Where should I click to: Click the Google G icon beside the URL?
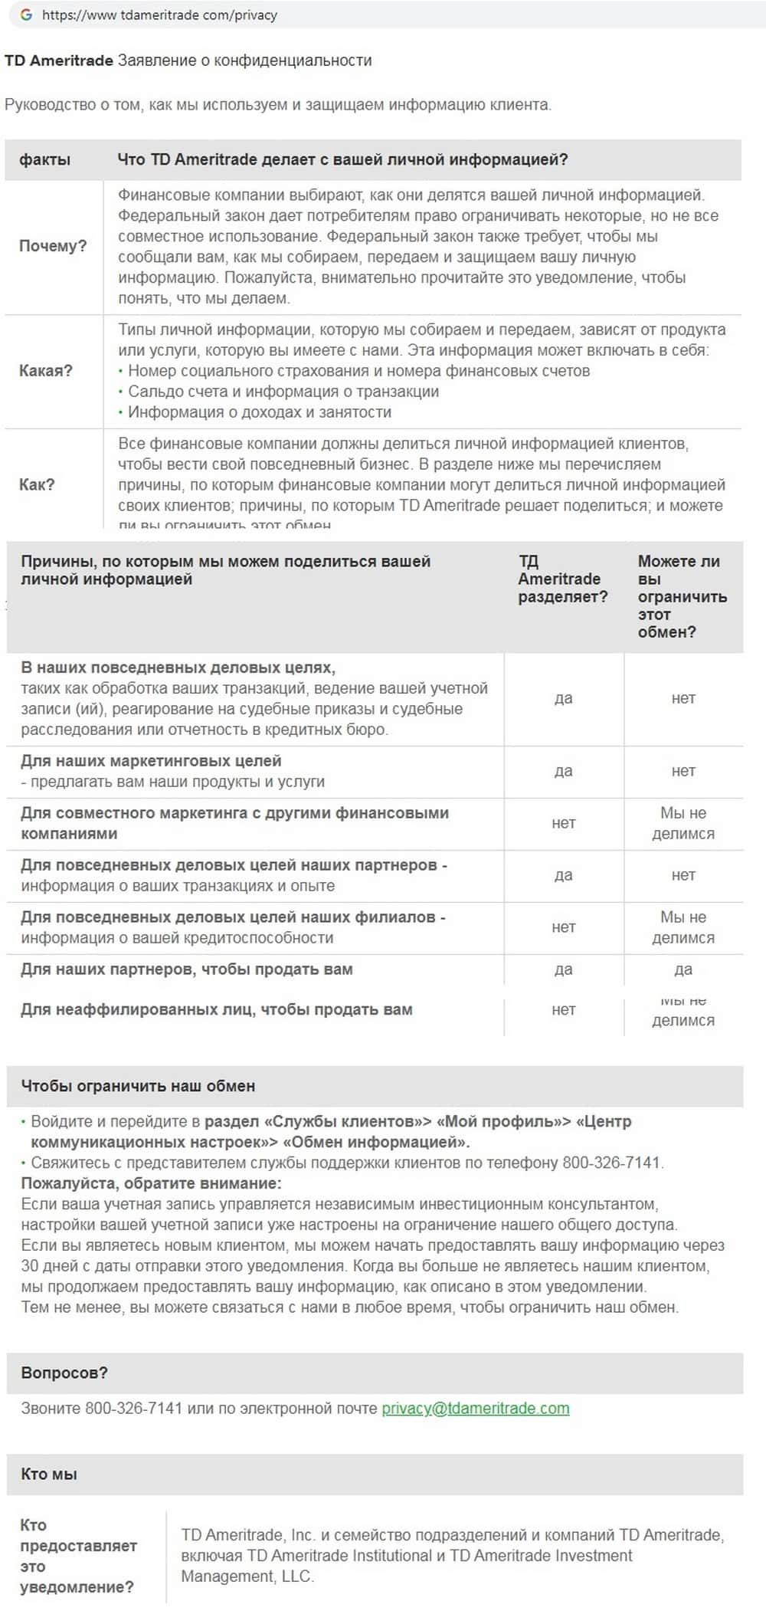pos(26,15)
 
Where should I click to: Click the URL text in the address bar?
pos(159,15)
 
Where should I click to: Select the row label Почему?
pos(53,246)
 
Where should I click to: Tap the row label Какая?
pos(46,371)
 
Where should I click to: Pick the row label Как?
pos(37,484)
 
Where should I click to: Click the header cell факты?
pos(44,159)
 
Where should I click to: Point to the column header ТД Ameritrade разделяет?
pos(562,579)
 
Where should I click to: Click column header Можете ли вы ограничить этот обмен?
pos(682,596)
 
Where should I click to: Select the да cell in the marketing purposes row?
pos(563,771)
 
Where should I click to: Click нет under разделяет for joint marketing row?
pos(563,823)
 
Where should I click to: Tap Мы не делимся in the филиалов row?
pos(683,927)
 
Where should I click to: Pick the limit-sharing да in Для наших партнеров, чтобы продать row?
pos(683,969)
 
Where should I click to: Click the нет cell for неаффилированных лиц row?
pos(563,1010)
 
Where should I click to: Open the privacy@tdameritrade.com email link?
pos(475,1408)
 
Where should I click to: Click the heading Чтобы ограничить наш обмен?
pos(138,1086)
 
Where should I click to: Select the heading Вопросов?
pos(64,1373)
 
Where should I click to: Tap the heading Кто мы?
pos(49,1474)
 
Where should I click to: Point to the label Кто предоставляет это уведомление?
pos(77,1556)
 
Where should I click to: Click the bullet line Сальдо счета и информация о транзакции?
pos(283,392)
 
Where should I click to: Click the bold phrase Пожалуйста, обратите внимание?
pos(151,1183)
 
